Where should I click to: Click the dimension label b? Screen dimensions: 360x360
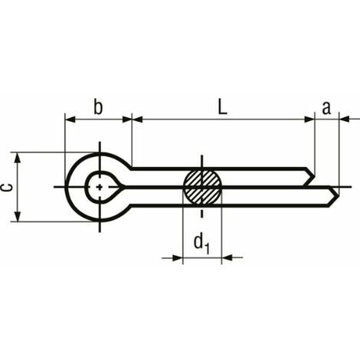[x=98, y=106]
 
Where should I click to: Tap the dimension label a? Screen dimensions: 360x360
[x=326, y=108]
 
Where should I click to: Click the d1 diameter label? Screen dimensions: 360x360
[x=201, y=244]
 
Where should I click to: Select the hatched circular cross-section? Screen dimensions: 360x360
[x=201, y=186]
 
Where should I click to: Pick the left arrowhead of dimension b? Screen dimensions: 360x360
[x=70, y=119]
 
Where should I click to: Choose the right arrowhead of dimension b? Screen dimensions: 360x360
[x=127, y=119]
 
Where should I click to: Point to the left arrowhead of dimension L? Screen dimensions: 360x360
[x=137, y=119]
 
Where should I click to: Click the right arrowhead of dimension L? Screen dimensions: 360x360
[x=309, y=119]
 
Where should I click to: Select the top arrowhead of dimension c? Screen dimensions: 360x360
[x=16, y=155]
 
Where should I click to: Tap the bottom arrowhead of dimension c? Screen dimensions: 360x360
[x=16, y=218]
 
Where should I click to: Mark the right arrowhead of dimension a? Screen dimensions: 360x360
[x=343, y=119]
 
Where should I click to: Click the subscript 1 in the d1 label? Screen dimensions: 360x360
[x=207, y=248]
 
